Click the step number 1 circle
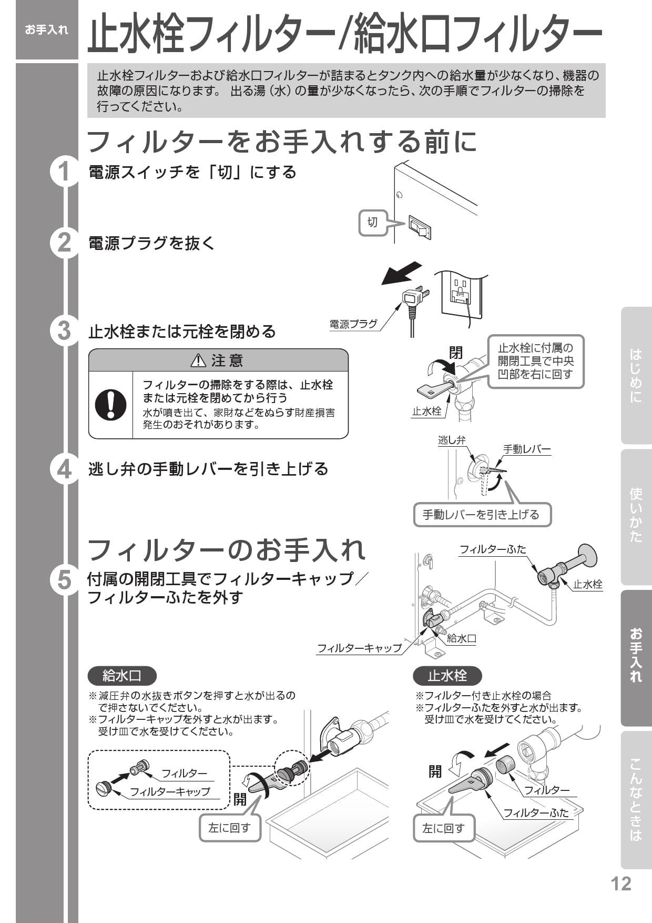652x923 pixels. [x=64, y=172]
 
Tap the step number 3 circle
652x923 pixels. [x=64, y=331]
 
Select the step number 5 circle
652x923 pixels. [x=64, y=580]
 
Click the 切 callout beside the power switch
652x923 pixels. [x=373, y=222]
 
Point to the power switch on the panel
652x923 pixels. [x=420, y=227]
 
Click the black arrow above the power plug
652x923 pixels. [x=401, y=273]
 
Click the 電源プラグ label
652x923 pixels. [x=353, y=324]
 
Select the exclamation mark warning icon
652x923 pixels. [x=110, y=405]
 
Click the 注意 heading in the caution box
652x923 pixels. [x=218, y=360]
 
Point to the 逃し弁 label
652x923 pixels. [x=452, y=440]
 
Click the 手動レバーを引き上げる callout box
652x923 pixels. [x=482, y=515]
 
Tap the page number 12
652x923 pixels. [x=621, y=884]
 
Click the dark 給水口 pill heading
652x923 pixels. [x=122, y=676]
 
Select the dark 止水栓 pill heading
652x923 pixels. [x=447, y=676]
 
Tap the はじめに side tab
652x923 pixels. [x=636, y=376]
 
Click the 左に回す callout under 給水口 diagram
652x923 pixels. [x=230, y=828]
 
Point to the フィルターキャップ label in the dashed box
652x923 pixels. [x=170, y=791]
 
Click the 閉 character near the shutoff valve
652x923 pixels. [x=455, y=352]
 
